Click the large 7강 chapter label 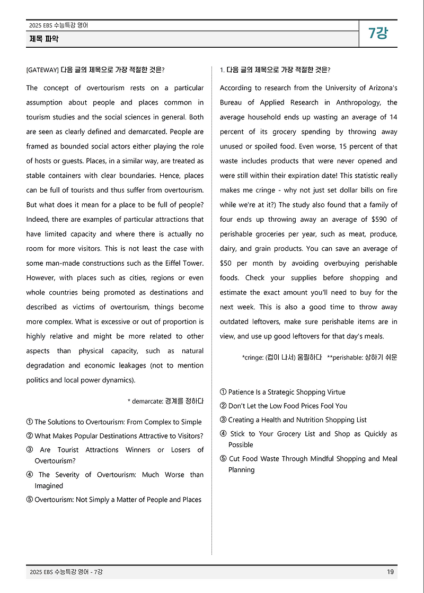click(x=378, y=33)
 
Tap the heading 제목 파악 click(x=44, y=39)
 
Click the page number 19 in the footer click(x=390, y=572)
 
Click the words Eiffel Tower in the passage click(x=185, y=263)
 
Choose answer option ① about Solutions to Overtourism click(x=114, y=422)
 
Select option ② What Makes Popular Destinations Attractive click(x=114, y=436)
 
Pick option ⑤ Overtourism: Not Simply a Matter click(x=114, y=500)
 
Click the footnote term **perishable click(x=344, y=357)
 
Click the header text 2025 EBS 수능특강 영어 click(x=59, y=25)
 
